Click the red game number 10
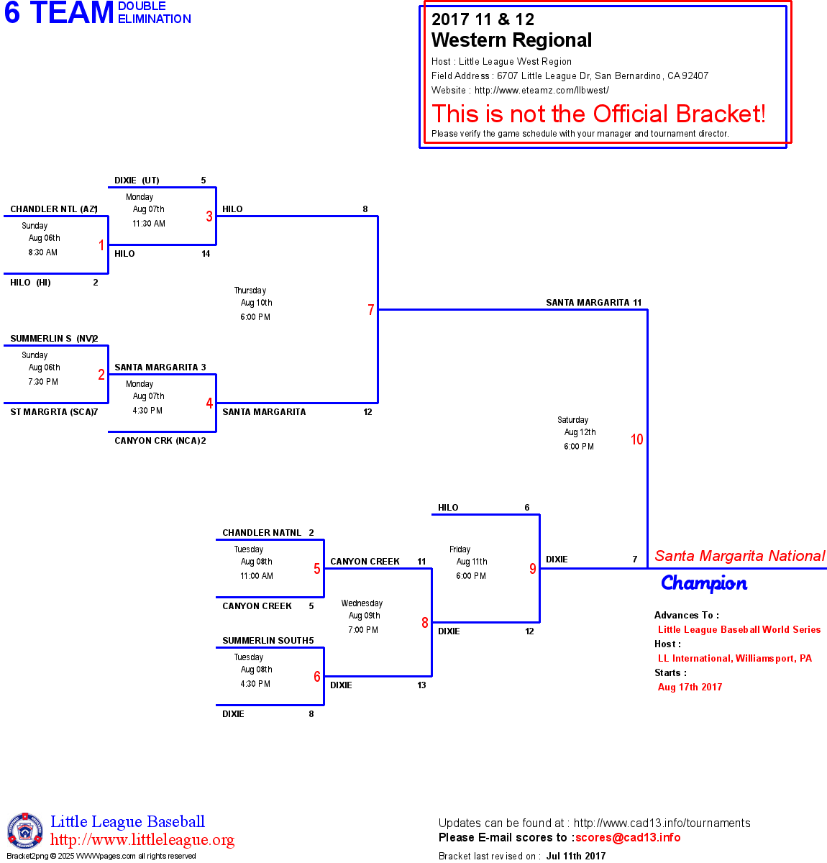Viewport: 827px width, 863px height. (637, 439)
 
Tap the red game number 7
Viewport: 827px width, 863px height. (371, 310)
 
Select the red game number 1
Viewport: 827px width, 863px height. (101, 245)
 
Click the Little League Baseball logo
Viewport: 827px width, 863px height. (25, 831)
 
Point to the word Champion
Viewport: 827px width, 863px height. (704, 583)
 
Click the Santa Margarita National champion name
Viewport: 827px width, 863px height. (740, 556)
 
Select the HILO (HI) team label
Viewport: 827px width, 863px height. (30, 283)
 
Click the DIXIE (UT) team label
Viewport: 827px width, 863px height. (137, 181)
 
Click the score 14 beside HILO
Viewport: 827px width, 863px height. (206, 254)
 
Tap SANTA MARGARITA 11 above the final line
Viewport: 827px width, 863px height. (593, 303)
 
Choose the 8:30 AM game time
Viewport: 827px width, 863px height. (43, 252)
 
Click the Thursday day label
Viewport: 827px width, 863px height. (250, 291)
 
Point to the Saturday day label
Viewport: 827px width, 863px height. (573, 420)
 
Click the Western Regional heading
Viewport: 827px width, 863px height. (511, 40)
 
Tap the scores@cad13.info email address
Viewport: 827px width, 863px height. (628, 837)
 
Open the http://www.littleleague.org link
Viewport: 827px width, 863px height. (142, 840)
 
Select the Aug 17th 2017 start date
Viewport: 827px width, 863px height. (690, 687)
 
